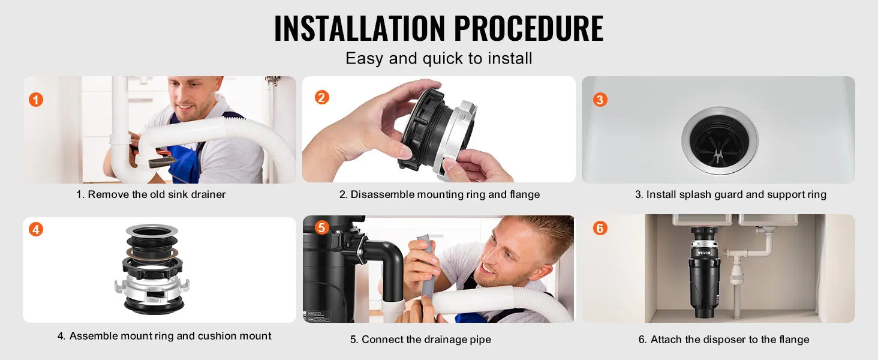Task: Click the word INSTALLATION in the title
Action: pyautogui.click(x=359, y=28)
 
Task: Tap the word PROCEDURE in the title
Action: pyautogui.click(x=529, y=28)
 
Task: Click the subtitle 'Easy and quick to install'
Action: pyautogui.click(x=438, y=59)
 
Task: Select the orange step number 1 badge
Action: pyautogui.click(x=35, y=100)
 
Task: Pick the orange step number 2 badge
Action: pyautogui.click(x=322, y=97)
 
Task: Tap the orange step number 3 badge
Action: pyautogui.click(x=600, y=100)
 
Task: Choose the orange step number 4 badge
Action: pyautogui.click(x=35, y=229)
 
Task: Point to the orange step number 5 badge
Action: pyautogui.click(x=321, y=227)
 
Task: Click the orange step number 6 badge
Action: pyautogui.click(x=600, y=228)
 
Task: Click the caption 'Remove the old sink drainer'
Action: pyautogui.click(x=157, y=194)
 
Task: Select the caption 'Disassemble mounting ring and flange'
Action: pyautogui.click(x=445, y=194)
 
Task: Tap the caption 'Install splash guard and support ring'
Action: pyautogui.click(x=736, y=194)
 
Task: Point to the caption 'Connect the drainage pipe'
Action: pyautogui.click(x=426, y=339)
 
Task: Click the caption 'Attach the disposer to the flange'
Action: pyautogui.click(x=730, y=339)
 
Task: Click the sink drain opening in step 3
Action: pyautogui.click(x=720, y=141)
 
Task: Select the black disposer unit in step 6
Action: pyautogui.click(x=704, y=273)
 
